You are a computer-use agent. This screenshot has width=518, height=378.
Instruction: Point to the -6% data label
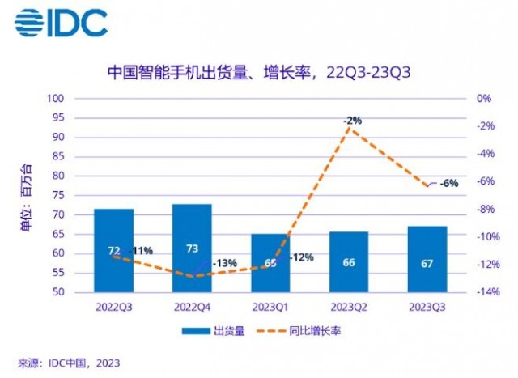(450, 183)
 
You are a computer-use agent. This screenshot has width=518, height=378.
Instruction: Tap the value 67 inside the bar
(427, 262)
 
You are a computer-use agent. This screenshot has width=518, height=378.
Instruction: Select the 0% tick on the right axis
(484, 99)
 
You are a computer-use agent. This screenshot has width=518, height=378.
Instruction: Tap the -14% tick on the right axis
(486, 292)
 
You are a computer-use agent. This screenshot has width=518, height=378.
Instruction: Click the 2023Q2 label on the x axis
(349, 308)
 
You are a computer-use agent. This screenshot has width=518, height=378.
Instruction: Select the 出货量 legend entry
(207, 330)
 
